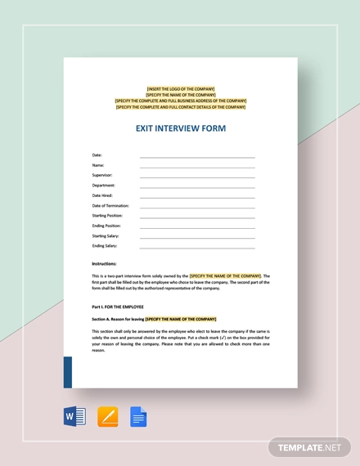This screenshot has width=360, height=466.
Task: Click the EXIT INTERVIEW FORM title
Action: pos(180,128)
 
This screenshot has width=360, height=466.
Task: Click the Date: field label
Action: pos(97,155)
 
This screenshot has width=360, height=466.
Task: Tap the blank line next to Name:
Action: pos(197,166)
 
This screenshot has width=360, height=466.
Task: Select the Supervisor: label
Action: pos(102,175)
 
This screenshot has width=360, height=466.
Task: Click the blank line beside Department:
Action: pos(197,186)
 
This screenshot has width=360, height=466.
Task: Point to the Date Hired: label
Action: pos(102,195)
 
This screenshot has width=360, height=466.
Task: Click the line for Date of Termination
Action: pos(197,207)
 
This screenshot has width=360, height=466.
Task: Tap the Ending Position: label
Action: pos(106,225)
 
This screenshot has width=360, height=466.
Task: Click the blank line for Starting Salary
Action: pos(197,237)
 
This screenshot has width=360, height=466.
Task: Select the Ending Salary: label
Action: pos(105,245)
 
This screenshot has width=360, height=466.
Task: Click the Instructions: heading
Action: pos(104,264)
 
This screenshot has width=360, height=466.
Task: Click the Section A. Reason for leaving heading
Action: pos(119,319)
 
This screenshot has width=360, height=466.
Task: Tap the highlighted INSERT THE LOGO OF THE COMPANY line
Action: pos(180,89)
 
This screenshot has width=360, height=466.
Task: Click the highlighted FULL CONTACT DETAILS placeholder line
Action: pos(180,106)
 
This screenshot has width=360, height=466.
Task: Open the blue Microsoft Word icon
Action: pos(75,417)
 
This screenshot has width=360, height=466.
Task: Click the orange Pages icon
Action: pos(108,417)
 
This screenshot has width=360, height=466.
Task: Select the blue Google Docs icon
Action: pos(138,417)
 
